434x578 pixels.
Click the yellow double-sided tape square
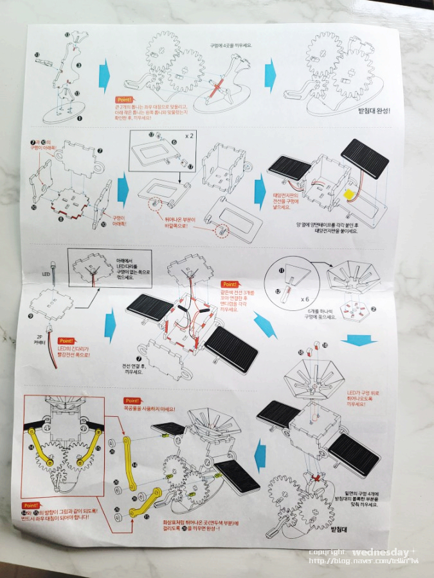point(350,195)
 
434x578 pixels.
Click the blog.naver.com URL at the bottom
point(363,561)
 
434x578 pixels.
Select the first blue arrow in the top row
point(105,76)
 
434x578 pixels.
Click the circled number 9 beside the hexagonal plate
point(32,316)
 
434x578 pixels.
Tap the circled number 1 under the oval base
point(79,118)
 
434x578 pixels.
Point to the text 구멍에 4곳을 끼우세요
point(234,46)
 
